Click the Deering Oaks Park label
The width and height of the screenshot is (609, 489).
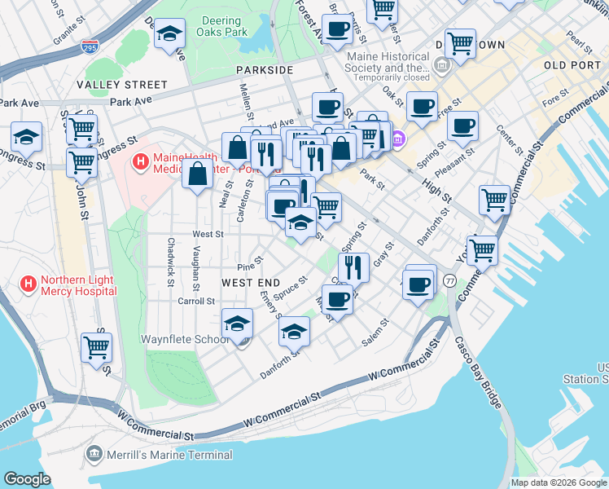tap(221, 27)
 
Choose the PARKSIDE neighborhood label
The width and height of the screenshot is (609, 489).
tap(265, 70)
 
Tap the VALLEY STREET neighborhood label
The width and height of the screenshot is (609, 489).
tap(122, 85)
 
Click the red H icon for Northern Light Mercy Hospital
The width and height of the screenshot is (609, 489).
tap(28, 284)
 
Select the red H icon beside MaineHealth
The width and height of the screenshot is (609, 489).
tap(140, 163)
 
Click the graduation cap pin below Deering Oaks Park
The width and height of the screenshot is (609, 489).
tap(170, 34)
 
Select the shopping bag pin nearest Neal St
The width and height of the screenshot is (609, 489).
tap(198, 173)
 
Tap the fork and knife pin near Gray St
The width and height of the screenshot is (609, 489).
tap(353, 266)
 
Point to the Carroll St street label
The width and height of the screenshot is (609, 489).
tap(195, 301)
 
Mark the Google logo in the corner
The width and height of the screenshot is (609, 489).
tap(28, 478)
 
